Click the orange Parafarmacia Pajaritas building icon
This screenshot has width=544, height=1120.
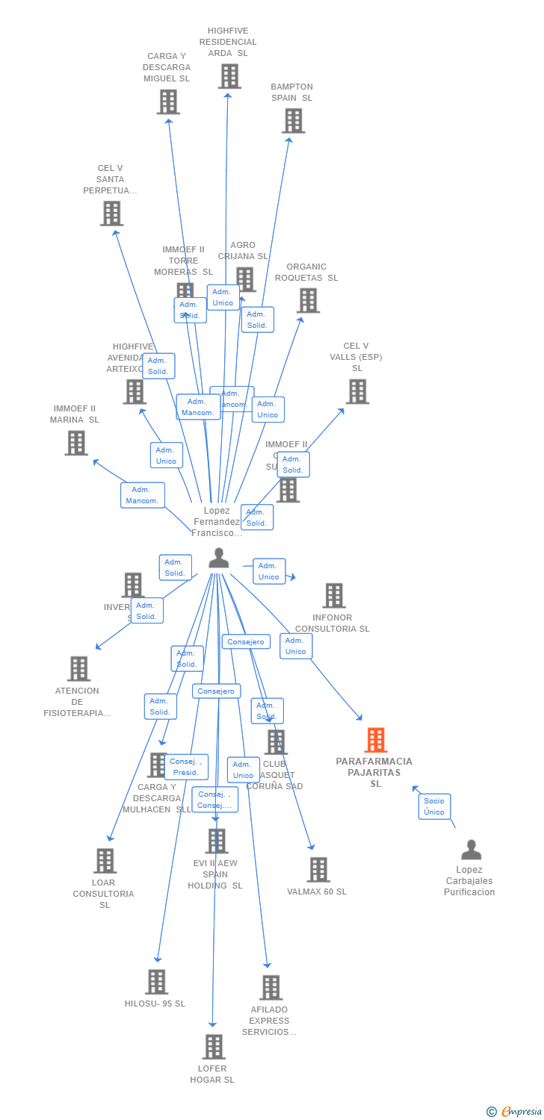376,740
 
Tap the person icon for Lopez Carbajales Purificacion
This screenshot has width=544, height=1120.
471,850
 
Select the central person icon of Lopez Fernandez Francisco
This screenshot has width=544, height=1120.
218,558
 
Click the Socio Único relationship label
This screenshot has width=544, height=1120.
434,806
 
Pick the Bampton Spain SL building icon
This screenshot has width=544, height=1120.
293,120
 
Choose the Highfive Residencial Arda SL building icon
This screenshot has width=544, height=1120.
229,76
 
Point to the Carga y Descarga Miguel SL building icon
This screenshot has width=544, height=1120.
168,102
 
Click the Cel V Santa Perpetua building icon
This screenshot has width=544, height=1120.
111,214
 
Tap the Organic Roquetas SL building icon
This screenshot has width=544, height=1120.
308,300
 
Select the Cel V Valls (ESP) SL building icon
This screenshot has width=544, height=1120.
357,391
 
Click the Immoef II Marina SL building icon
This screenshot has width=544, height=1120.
76,443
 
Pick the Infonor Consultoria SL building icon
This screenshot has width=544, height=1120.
334,596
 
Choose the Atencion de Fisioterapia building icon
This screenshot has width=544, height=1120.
78,669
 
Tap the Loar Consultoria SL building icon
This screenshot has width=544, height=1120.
105,861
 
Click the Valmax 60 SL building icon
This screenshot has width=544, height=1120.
318,870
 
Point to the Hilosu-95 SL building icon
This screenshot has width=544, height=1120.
156,982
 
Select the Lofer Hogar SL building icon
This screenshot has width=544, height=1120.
214,1047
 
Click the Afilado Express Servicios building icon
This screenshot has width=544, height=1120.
271,988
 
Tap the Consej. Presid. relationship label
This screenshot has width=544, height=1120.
186,767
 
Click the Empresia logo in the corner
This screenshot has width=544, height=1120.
515,1112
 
